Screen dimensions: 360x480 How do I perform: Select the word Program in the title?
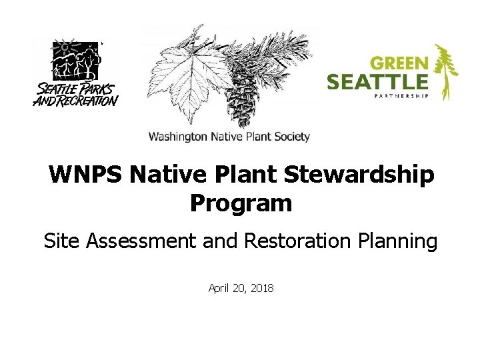click(241, 203)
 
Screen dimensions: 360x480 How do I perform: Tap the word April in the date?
click(220, 288)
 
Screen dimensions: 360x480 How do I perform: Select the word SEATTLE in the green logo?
click(377, 83)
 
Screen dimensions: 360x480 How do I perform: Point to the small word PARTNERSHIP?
click(399, 96)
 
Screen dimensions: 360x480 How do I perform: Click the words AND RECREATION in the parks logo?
click(75, 101)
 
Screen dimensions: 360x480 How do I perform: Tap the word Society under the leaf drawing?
click(293, 137)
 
